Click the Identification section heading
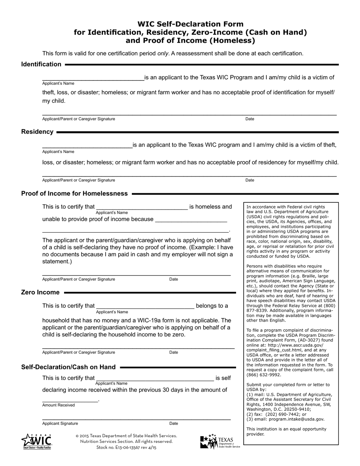click(x=41, y=64)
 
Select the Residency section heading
click(x=37, y=132)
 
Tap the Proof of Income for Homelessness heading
click(x=74, y=194)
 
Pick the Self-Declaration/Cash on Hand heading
click(x=68, y=367)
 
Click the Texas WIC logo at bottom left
click(x=36, y=441)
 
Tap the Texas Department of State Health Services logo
click(x=220, y=442)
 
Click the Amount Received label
click(x=58, y=405)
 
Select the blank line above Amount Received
click(x=70, y=400)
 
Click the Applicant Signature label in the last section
click(x=60, y=424)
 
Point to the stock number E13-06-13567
click(x=126, y=447)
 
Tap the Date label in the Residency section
click(x=250, y=180)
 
